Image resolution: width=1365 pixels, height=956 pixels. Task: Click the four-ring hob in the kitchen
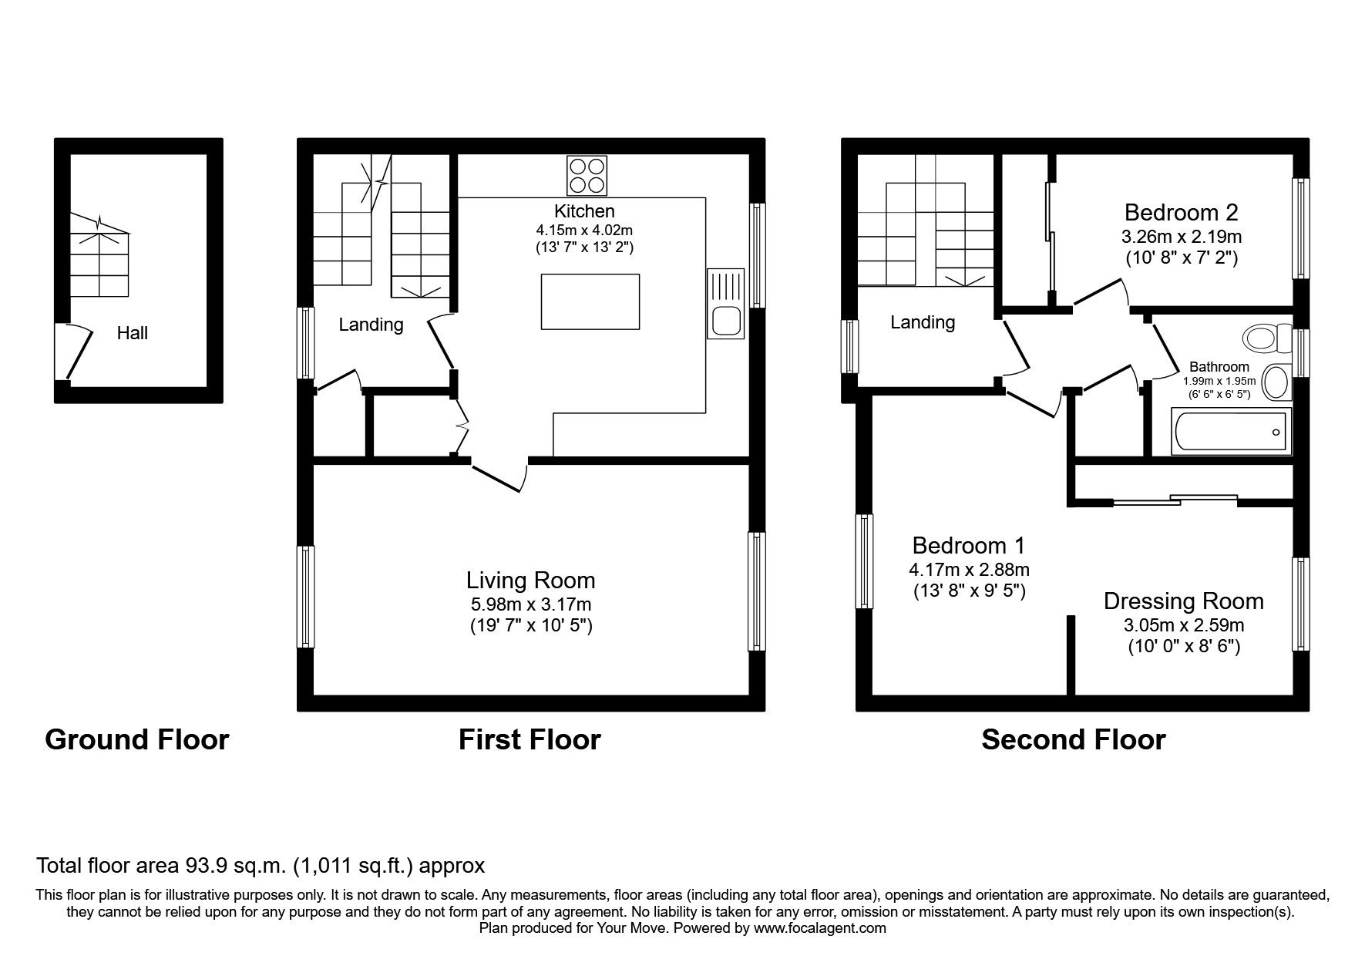coord(587,175)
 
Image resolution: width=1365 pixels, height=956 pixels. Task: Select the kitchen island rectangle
coord(590,301)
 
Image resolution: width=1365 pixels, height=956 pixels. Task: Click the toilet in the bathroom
coord(1267,338)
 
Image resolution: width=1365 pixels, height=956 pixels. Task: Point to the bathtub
coord(1229,432)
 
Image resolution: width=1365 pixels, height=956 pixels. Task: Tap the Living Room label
coord(530,580)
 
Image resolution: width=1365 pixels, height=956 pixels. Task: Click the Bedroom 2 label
coord(1180,212)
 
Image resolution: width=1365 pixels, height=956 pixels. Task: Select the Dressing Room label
coord(1183,601)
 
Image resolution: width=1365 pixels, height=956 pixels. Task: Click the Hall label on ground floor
coord(133,333)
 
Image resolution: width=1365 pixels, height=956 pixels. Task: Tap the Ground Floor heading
coord(137,739)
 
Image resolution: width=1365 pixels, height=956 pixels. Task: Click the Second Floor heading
coord(1073,739)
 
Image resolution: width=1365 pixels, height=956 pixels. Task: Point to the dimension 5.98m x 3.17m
coord(530,604)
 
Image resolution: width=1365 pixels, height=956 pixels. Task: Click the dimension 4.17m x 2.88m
coord(969,570)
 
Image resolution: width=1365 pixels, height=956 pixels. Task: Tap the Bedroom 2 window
coord(1300,228)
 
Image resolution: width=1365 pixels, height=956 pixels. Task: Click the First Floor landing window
coord(306,343)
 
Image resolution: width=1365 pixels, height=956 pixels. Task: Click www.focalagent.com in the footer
coord(819,929)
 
